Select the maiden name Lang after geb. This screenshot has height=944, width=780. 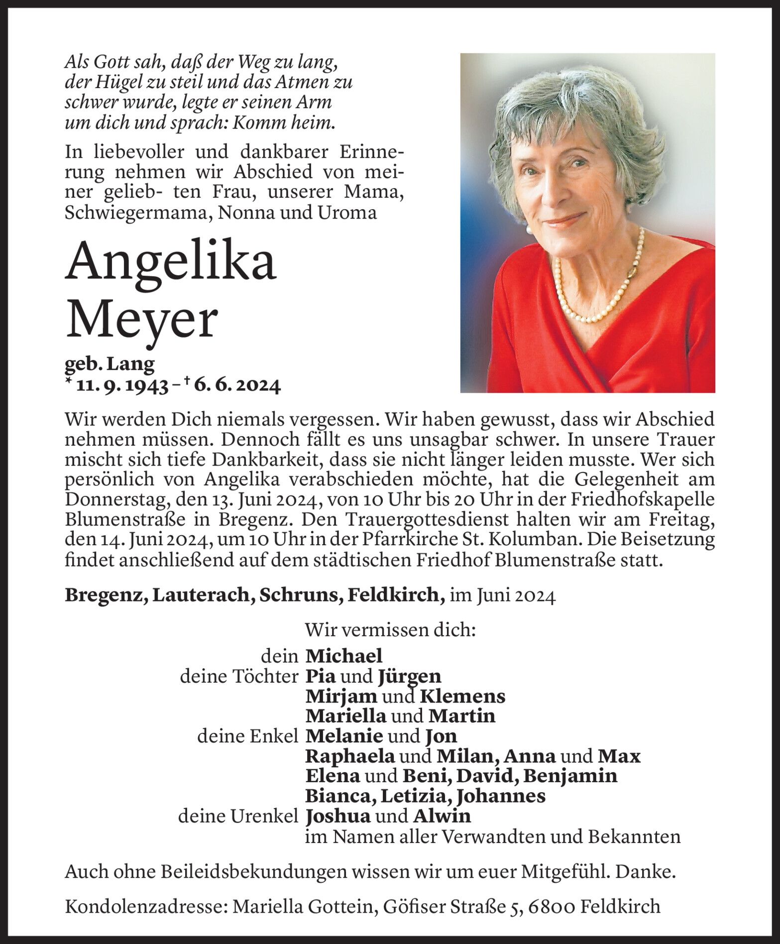[134, 364]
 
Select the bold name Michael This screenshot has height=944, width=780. [343, 656]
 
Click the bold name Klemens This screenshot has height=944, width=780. [462, 696]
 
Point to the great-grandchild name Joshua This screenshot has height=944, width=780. [338, 816]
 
